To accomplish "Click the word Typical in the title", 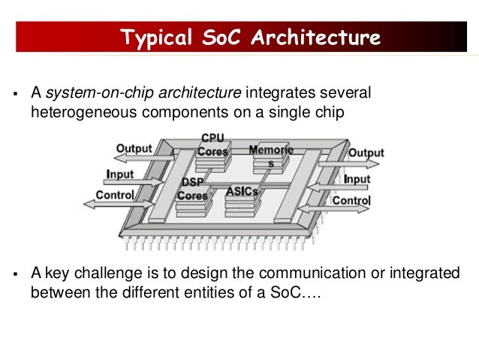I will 157,37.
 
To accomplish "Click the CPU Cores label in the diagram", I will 212,145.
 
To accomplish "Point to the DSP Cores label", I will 192,189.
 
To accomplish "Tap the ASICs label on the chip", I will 242,191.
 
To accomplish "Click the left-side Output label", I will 134,149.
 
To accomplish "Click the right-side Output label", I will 366,153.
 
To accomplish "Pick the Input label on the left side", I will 119,174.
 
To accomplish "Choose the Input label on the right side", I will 357,179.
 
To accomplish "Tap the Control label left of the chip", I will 114,195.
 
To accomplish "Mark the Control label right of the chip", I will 351,201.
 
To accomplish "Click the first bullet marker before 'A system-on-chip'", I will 15,95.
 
